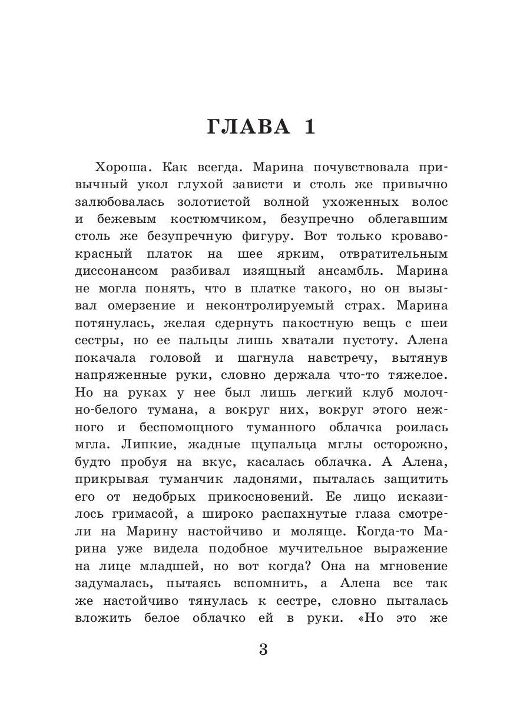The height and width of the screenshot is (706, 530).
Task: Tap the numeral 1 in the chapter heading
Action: pyautogui.click(x=309, y=127)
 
